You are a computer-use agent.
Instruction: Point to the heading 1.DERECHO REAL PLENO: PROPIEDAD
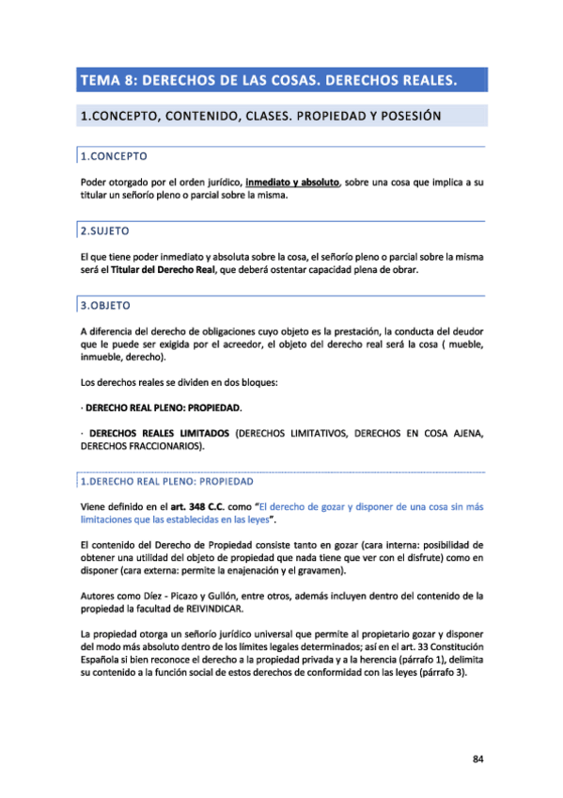click(x=161, y=479)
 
